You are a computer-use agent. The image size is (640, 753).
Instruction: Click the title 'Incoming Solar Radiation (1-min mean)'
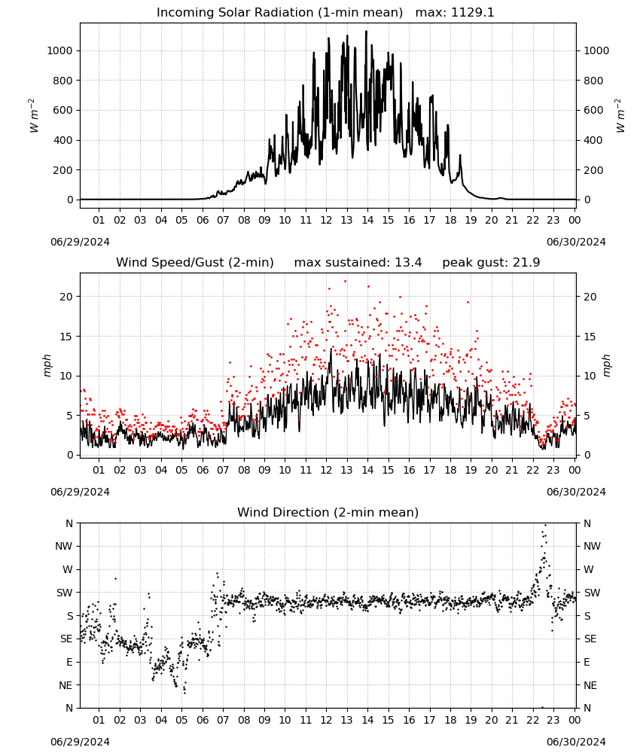click(x=279, y=13)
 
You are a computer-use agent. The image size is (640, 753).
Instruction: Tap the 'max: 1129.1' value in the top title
click(x=455, y=13)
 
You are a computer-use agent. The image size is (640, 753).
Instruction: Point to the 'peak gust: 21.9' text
click(x=491, y=263)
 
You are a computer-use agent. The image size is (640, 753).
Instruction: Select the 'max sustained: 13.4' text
click(x=358, y=263)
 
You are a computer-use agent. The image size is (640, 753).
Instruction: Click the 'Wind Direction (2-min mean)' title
click(x=328, y=512)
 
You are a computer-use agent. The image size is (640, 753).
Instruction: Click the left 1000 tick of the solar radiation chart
click(x=59, y=50)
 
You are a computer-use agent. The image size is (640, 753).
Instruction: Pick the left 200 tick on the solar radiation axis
click(x=63, y=170)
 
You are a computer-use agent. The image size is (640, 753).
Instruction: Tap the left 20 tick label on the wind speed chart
click(x=66, y=297)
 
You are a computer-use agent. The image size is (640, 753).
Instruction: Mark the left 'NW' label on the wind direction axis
click(x=64, y=546)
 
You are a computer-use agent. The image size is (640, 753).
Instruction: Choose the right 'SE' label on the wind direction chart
click(x=590, y=639)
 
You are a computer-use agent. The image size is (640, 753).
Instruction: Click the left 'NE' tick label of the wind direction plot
click(x=66, y=685)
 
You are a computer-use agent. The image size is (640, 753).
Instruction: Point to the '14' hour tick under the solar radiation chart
click(x=367, y=220)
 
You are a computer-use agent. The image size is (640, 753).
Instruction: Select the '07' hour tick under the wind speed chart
click(x=223, y=470)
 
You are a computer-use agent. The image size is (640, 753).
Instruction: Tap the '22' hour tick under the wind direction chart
click(x=532, y=720)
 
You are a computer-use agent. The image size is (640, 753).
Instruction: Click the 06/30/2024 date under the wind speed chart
click(x=576, y=492)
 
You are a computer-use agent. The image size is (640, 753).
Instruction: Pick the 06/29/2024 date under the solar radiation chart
click(x=80, y=242)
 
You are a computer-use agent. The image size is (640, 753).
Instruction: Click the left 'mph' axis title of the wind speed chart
click(x=47, y=365)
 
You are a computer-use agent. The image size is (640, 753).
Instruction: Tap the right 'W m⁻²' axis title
click(x=620, y=115)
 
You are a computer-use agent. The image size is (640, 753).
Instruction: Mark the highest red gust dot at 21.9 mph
click(x=345, y=282)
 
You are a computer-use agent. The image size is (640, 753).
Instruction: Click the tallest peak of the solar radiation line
click(x=367, y=31)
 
